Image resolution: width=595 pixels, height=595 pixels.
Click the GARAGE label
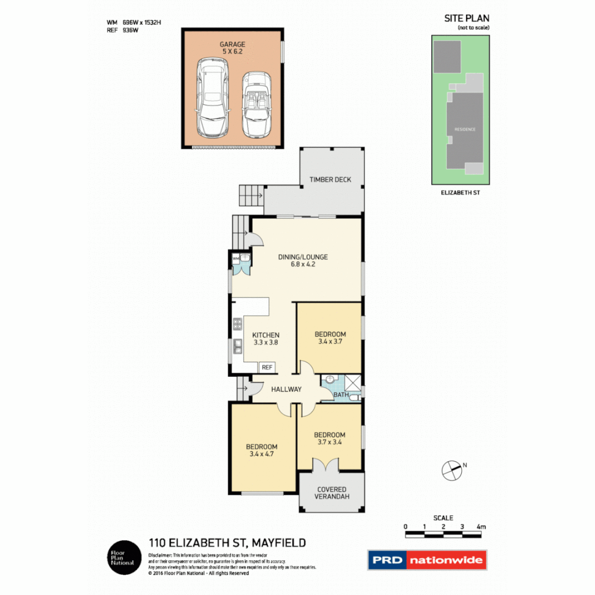(x=233, y=44)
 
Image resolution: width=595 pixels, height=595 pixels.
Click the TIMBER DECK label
(x=330, y=180)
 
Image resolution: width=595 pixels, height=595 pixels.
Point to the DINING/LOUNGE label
(x=303, y=257)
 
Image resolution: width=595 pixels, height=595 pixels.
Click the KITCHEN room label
(x=266, y=335)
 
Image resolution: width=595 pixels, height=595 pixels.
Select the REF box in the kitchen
(x=267, y=367)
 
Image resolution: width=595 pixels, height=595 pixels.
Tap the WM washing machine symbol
(x=236, y=257)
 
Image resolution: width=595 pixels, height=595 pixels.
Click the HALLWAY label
(x=286, y=390)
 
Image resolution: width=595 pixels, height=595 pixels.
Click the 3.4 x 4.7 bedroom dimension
(x=262, y=455)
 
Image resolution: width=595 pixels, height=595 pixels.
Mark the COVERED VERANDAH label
(x=332, y=493)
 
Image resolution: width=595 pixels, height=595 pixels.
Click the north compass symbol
(x=451, y=470)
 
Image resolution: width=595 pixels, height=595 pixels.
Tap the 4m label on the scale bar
(x=482, y=527)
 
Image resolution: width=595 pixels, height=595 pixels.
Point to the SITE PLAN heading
(x=466, y=18)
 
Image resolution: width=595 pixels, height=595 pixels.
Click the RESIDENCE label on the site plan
(x=464, y=129)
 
